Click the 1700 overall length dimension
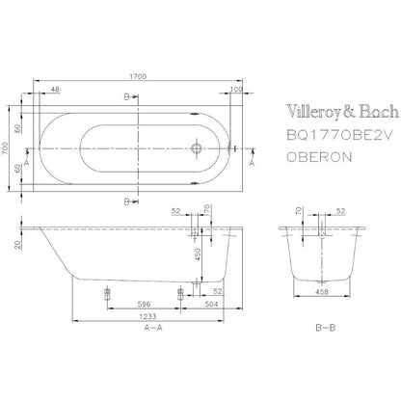(138, 76)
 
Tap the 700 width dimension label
(5, 148)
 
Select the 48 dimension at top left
(55, 89)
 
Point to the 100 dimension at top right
(236, 89)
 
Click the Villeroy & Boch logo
(342, 112)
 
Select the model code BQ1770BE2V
(339, 136)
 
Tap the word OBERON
(319, 157)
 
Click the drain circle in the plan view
(197, 148)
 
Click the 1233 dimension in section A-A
(147, 316)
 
